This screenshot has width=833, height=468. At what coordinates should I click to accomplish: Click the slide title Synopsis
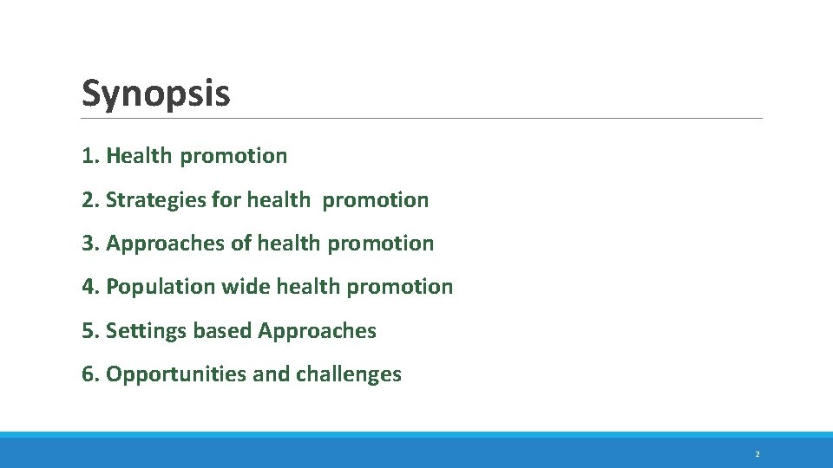[x=156, y=93]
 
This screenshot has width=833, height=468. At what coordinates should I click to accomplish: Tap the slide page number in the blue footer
[x=757, y=454]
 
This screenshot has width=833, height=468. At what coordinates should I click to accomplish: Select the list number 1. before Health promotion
[x=90, y=156]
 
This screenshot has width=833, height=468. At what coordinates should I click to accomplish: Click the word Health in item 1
[x=140, y=156]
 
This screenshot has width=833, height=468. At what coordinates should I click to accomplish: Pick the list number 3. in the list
[x=90, y=244]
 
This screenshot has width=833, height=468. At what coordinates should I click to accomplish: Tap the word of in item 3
[x=240, y=244]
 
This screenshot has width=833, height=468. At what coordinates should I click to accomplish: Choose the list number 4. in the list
[x=90, y=287]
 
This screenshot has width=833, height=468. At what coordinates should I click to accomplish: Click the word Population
[x=161, y=287]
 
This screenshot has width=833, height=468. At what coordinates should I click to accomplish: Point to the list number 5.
[x=90, y=331]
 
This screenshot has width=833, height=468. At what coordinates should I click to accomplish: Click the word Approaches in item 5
[x=317, y=331]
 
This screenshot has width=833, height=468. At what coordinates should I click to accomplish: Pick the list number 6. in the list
[x=90, y=374]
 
